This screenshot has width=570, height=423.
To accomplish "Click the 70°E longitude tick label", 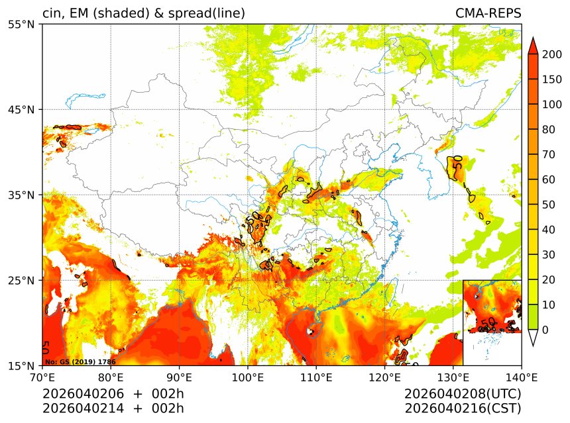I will pos(42,377).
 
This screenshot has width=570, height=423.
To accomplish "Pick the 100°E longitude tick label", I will pos(248,377).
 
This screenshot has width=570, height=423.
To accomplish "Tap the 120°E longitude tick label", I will pos(384,377).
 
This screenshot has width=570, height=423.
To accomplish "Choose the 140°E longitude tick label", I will pos(521,377).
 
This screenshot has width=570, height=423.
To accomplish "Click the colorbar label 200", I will pos(551,54).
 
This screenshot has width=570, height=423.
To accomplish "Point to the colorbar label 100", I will pos(551,105).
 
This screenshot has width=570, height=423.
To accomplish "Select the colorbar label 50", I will pos(549,205).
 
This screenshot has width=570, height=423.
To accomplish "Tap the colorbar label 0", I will pos(545,330).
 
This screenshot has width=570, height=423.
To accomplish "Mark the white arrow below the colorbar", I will pos(532,338).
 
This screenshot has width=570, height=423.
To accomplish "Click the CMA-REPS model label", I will pos(488,13).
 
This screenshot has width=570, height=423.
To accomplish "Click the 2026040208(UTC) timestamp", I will pos(463,395).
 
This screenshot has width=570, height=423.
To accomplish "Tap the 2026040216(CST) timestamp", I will pos(463,408).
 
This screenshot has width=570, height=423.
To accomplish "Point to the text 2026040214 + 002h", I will pos(113,408).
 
